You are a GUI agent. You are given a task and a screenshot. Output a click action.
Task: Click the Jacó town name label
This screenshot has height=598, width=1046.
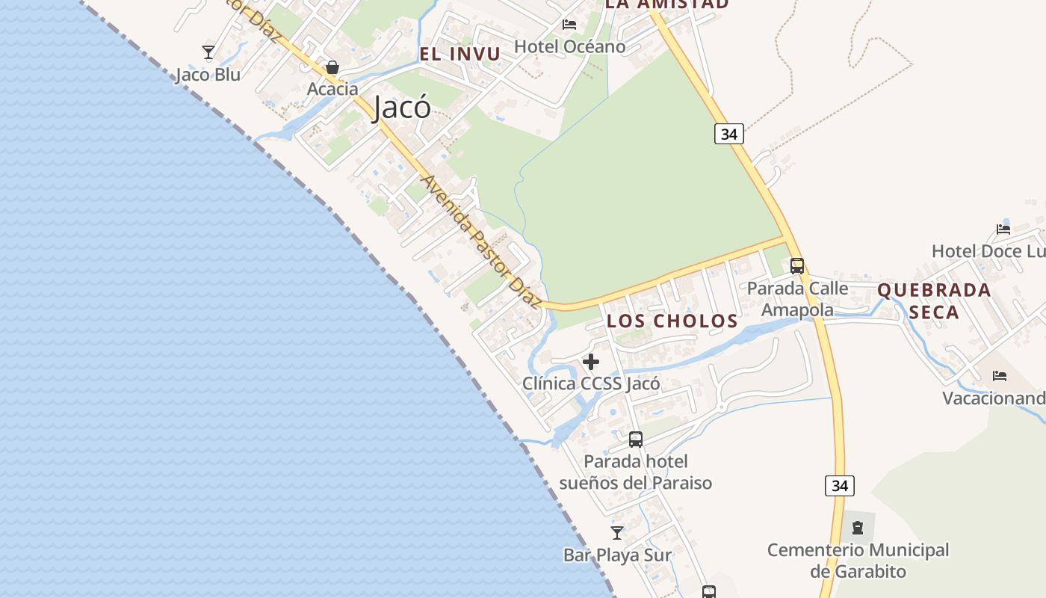[402, 107]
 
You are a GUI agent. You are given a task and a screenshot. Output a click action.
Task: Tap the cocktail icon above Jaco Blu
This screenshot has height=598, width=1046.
[208, 52]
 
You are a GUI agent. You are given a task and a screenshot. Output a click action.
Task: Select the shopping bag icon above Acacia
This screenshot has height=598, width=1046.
[332, 67]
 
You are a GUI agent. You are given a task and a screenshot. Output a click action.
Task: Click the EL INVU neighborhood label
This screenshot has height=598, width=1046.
[459, 54]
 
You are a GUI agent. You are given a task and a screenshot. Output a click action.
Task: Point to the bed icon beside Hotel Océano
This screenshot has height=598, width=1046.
[569, 25]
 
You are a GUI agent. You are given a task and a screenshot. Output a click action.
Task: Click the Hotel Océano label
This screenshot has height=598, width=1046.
[569, 46]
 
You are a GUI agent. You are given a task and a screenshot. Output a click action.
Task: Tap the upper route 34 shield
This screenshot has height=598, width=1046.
[728, 134]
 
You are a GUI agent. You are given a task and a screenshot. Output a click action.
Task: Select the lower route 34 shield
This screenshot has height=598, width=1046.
[840, 486]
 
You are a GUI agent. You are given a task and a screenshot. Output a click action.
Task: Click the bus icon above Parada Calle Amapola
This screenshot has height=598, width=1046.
[797, 265]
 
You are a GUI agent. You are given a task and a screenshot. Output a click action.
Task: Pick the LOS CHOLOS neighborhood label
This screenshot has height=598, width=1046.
[672, 321]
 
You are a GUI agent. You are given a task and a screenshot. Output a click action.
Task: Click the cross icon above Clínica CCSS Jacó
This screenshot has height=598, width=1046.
[591, 363]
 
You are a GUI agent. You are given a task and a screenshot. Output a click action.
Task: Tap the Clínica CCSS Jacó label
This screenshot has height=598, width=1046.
[591, 384]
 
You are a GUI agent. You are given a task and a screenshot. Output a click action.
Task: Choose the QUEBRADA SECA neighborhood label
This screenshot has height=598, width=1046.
[934, 300]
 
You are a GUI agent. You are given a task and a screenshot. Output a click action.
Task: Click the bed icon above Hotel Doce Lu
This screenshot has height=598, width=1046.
[1003, 229]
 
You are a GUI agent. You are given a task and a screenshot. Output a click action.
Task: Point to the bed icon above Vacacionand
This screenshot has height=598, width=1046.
[1000, 375]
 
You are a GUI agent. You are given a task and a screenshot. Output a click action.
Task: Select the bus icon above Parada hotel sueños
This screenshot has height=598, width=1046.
[636, 440]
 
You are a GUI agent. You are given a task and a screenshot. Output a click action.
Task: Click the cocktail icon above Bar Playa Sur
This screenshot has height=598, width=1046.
[617, 533]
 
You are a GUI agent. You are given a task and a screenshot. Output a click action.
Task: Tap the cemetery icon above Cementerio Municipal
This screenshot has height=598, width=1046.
[858, 528]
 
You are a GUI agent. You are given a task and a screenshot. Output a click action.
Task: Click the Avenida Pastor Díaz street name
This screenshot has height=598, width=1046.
[480, 241]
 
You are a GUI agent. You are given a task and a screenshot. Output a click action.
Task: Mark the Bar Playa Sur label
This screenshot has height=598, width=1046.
[617, 555]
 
